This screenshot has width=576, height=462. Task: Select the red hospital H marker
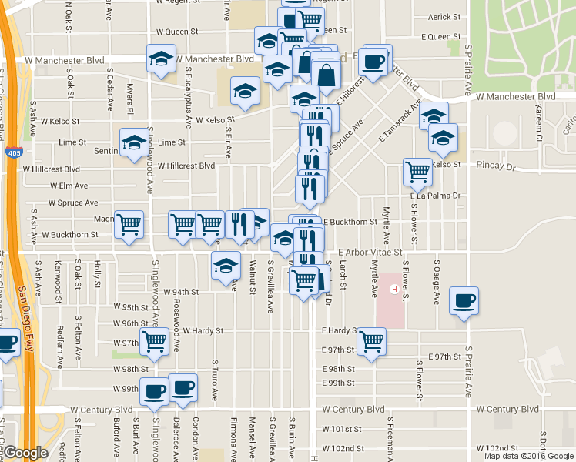(395, 290)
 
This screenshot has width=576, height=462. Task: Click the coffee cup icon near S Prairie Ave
(464, 300)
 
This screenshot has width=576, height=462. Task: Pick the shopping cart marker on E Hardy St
(371, 340)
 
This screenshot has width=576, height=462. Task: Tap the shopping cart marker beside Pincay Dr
(417, 171)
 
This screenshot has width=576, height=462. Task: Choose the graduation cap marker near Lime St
(134, 142)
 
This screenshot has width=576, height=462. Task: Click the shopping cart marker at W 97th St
(155, 340)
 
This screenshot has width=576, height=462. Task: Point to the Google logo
(25, 454)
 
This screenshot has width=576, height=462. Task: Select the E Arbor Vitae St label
(370, 252)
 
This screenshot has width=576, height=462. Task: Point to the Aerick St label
(444, 16)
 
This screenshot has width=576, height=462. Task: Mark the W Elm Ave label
(69, 186)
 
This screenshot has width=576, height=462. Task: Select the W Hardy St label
(198, 330)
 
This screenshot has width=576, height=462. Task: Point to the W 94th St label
(183, 292)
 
